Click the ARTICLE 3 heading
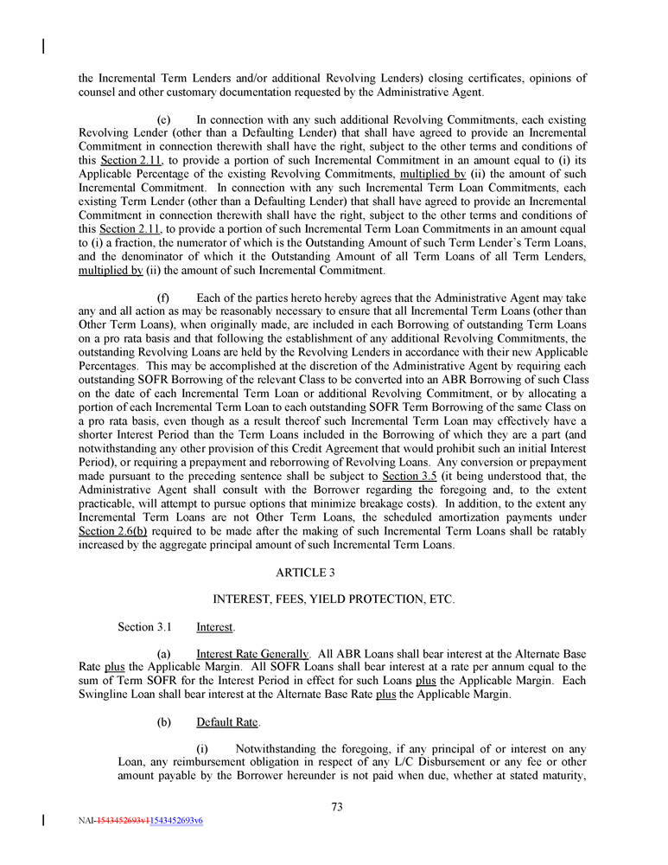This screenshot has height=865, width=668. [333, 573]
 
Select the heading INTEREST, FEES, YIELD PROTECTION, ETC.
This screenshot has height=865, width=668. [333, 599]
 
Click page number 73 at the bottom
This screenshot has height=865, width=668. [337, 807]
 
